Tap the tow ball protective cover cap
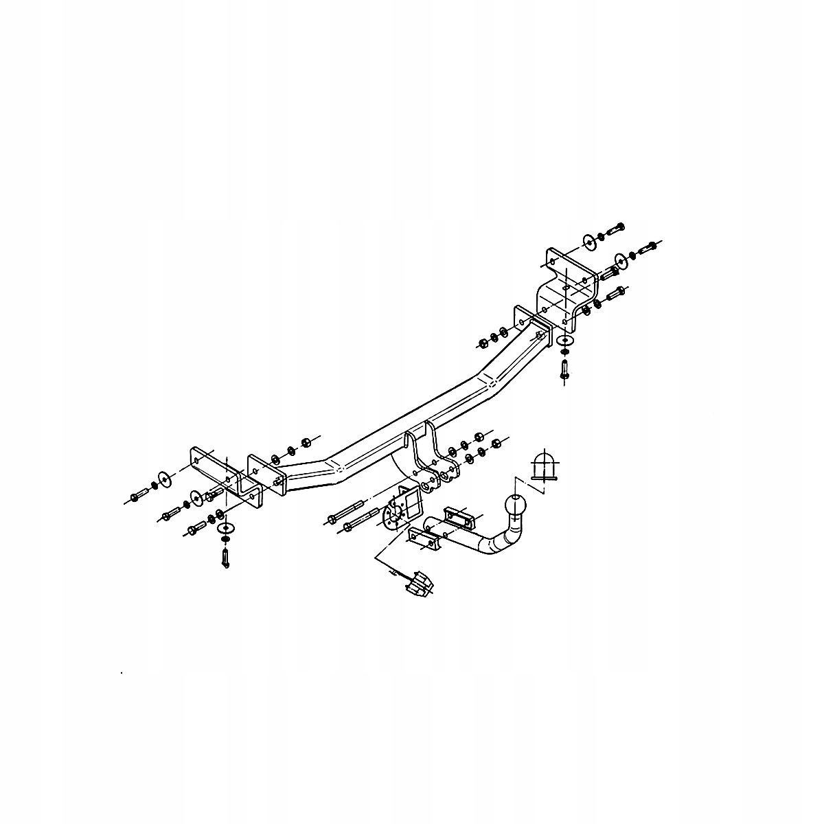[x=545, y=466]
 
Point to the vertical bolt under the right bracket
[x=564, y=371]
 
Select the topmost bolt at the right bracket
[x=617, y=228]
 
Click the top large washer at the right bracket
[x=589, y=242]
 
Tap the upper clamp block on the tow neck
[x=459, y=516]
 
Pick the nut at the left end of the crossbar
[x=306, y=440]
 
